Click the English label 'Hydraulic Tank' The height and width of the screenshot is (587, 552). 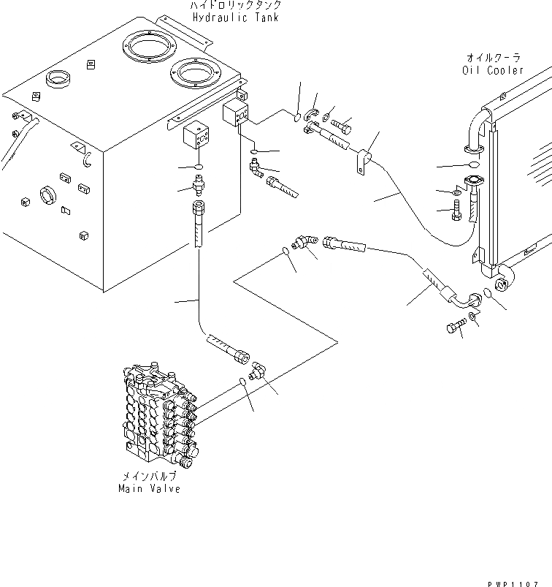[x=235, y=18]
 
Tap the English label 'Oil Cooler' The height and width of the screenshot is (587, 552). [x=493, y=71]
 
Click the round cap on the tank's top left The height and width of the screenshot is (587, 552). [x=58, y=78]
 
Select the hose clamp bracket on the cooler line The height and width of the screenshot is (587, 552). [x=361, y=162]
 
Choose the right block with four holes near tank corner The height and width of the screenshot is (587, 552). [x=236, y=115]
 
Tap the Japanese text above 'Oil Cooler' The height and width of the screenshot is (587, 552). [x=493, y=58]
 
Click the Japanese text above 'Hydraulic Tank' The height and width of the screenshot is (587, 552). [x=235, y=5]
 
